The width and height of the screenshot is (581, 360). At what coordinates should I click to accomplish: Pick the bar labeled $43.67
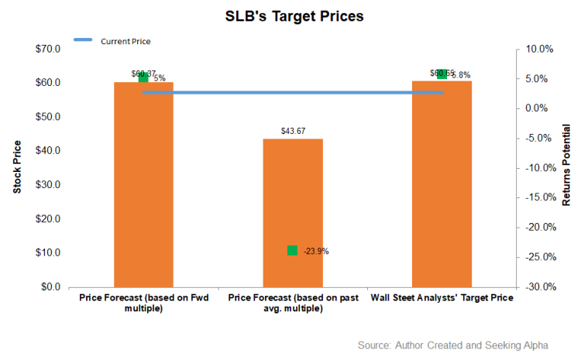pos(293,213)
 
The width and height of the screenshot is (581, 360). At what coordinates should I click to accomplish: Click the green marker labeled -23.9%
pos(292,250)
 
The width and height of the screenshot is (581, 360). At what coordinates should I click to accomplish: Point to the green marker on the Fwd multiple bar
pos(143,77)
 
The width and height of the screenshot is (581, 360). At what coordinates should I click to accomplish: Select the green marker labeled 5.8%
pos(442,74)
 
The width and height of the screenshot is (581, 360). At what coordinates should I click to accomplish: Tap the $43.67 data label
pos(293,131)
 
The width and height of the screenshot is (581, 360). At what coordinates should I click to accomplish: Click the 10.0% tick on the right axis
pos(536,49)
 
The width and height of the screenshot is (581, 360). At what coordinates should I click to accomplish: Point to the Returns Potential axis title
pos(566,168)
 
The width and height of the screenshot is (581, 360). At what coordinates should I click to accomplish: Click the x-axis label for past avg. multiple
pos(293,303)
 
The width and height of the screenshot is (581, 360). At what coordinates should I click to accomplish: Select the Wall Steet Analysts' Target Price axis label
pos(442,297)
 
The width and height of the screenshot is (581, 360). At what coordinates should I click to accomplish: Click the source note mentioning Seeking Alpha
pos(463,345)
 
